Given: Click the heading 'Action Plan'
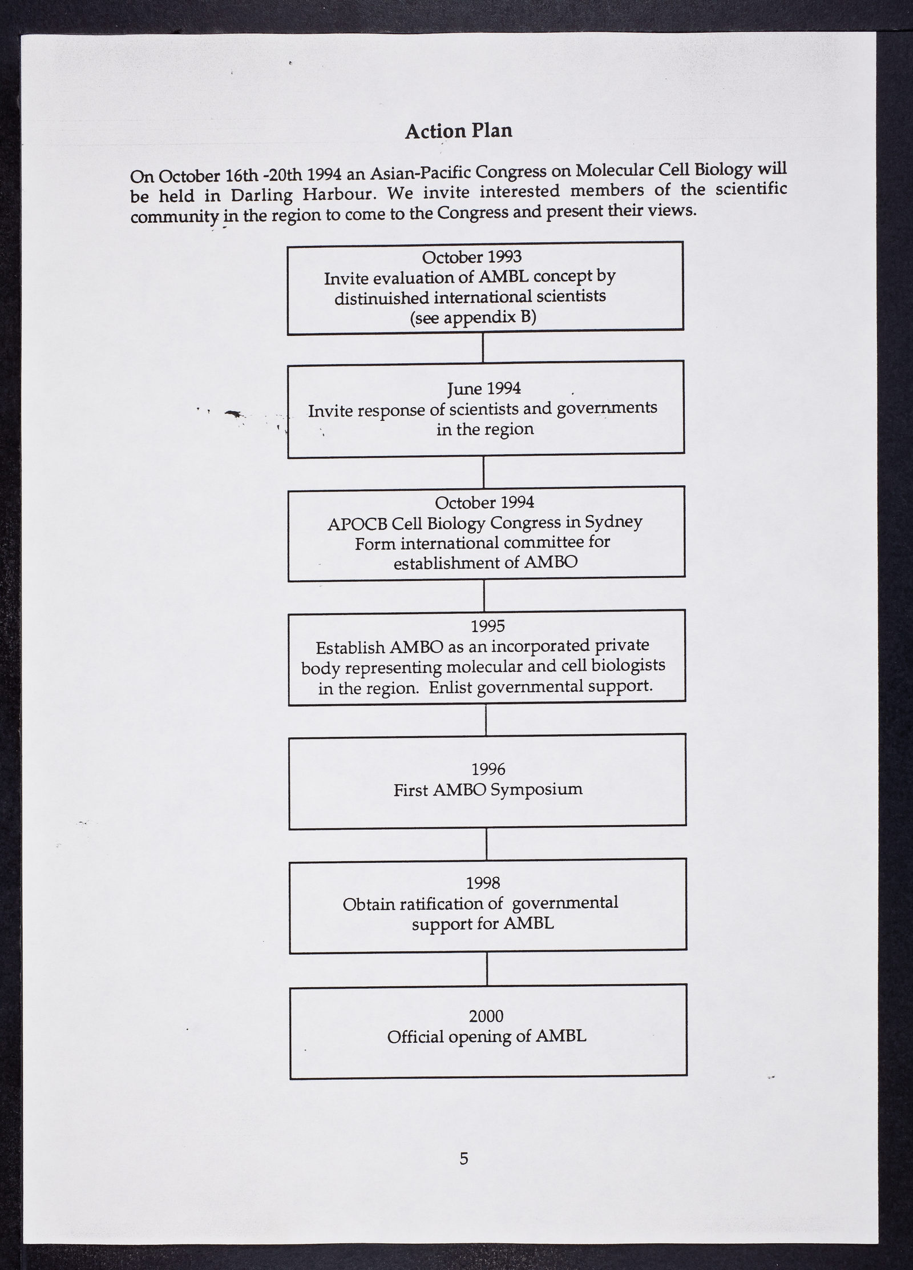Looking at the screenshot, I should [458, 131].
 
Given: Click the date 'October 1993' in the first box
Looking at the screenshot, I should [471, 257].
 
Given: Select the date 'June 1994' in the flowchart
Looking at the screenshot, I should [484, 389].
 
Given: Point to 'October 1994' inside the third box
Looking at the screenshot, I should [484, 503].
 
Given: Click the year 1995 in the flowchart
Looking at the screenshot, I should [488, 626].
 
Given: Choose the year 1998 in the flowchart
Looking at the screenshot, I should [483, 883].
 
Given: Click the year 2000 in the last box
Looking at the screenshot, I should [486, 1016].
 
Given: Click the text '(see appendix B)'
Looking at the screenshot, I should [473, 317].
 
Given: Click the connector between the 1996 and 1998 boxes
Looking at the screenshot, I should [487, 844].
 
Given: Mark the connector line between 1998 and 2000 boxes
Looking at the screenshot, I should [487, 968].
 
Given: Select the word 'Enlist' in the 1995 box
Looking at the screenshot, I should [451, 687].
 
